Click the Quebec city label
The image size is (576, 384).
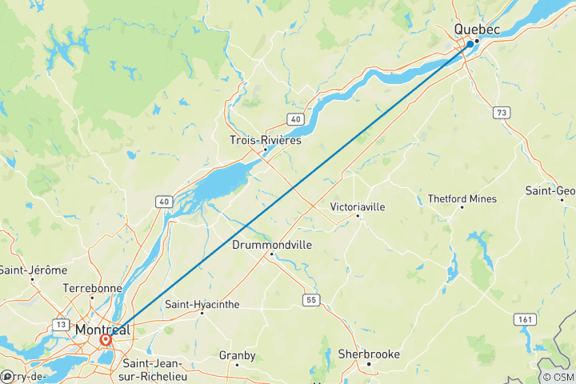tap(477, 30)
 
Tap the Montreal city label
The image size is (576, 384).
tap(102, 330)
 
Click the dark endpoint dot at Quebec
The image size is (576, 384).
tap(470, 44)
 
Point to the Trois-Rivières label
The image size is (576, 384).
tap(266, 140)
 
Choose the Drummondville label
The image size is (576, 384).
tap(272, 245)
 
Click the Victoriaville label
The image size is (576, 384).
tap(358, 206)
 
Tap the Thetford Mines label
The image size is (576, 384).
tap(462, 198)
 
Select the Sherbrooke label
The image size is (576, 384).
tap(369, 354)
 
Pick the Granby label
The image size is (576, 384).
tap(238, 354)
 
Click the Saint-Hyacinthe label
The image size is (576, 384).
tap(202, 303)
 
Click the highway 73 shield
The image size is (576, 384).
tap(502, 112)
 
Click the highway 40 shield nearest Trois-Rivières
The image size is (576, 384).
tap(295, 118)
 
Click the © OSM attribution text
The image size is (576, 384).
tap(558, 377)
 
